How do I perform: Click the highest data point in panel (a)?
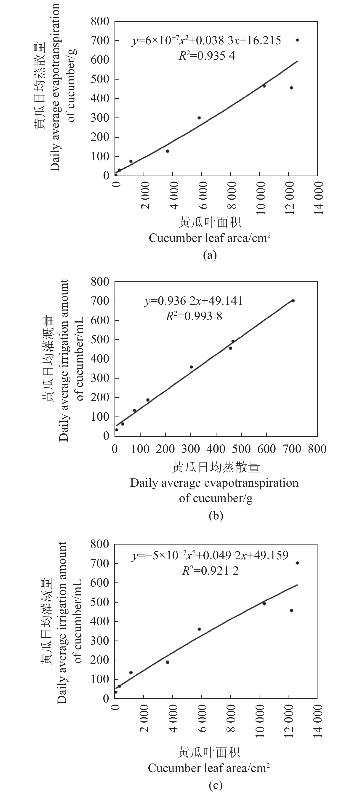point(297,40)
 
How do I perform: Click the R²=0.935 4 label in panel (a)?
point(207,56)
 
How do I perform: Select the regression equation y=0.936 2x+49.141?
point(194,301)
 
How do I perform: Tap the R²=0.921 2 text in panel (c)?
point(210,571)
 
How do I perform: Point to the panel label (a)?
point(210,255)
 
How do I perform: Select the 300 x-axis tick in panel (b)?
point(191,449)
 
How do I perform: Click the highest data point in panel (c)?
point(297,563)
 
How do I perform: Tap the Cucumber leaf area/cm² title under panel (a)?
point(210,238)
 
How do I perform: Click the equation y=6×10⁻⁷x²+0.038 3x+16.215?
point(206,40)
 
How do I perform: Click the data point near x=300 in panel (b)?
point(191,367)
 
